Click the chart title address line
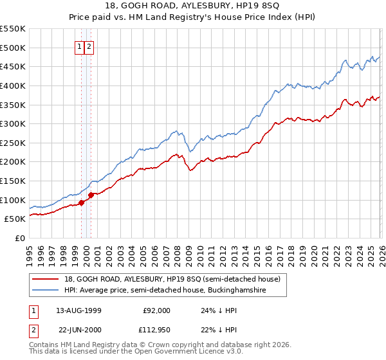point(193,6)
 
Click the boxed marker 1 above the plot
point(80,47)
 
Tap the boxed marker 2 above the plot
point(89,47)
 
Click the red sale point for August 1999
point(82,203)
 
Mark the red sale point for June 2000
point(91,195)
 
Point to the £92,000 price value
point(156,310)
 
